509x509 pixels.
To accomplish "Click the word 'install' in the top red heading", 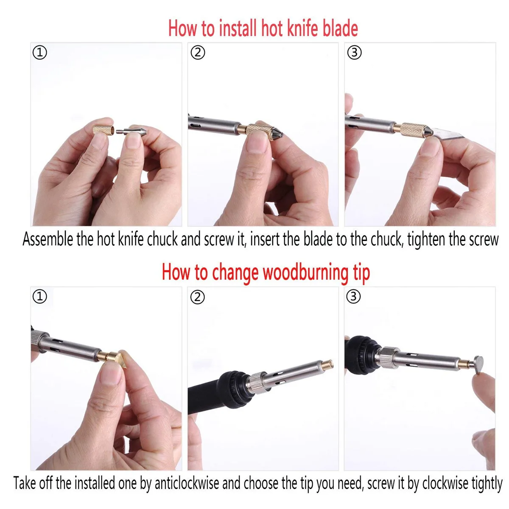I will point(237,28).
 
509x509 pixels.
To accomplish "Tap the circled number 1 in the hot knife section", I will point(40,53).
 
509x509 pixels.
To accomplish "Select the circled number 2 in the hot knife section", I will point(198,53).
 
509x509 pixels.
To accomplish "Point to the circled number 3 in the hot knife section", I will point(354,53).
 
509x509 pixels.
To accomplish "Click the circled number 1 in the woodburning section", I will point(40,297).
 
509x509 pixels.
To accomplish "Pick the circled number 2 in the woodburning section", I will point(198,297).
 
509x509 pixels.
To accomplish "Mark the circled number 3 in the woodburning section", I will point(354,297).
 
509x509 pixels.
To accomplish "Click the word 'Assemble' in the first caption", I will point(48,240).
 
